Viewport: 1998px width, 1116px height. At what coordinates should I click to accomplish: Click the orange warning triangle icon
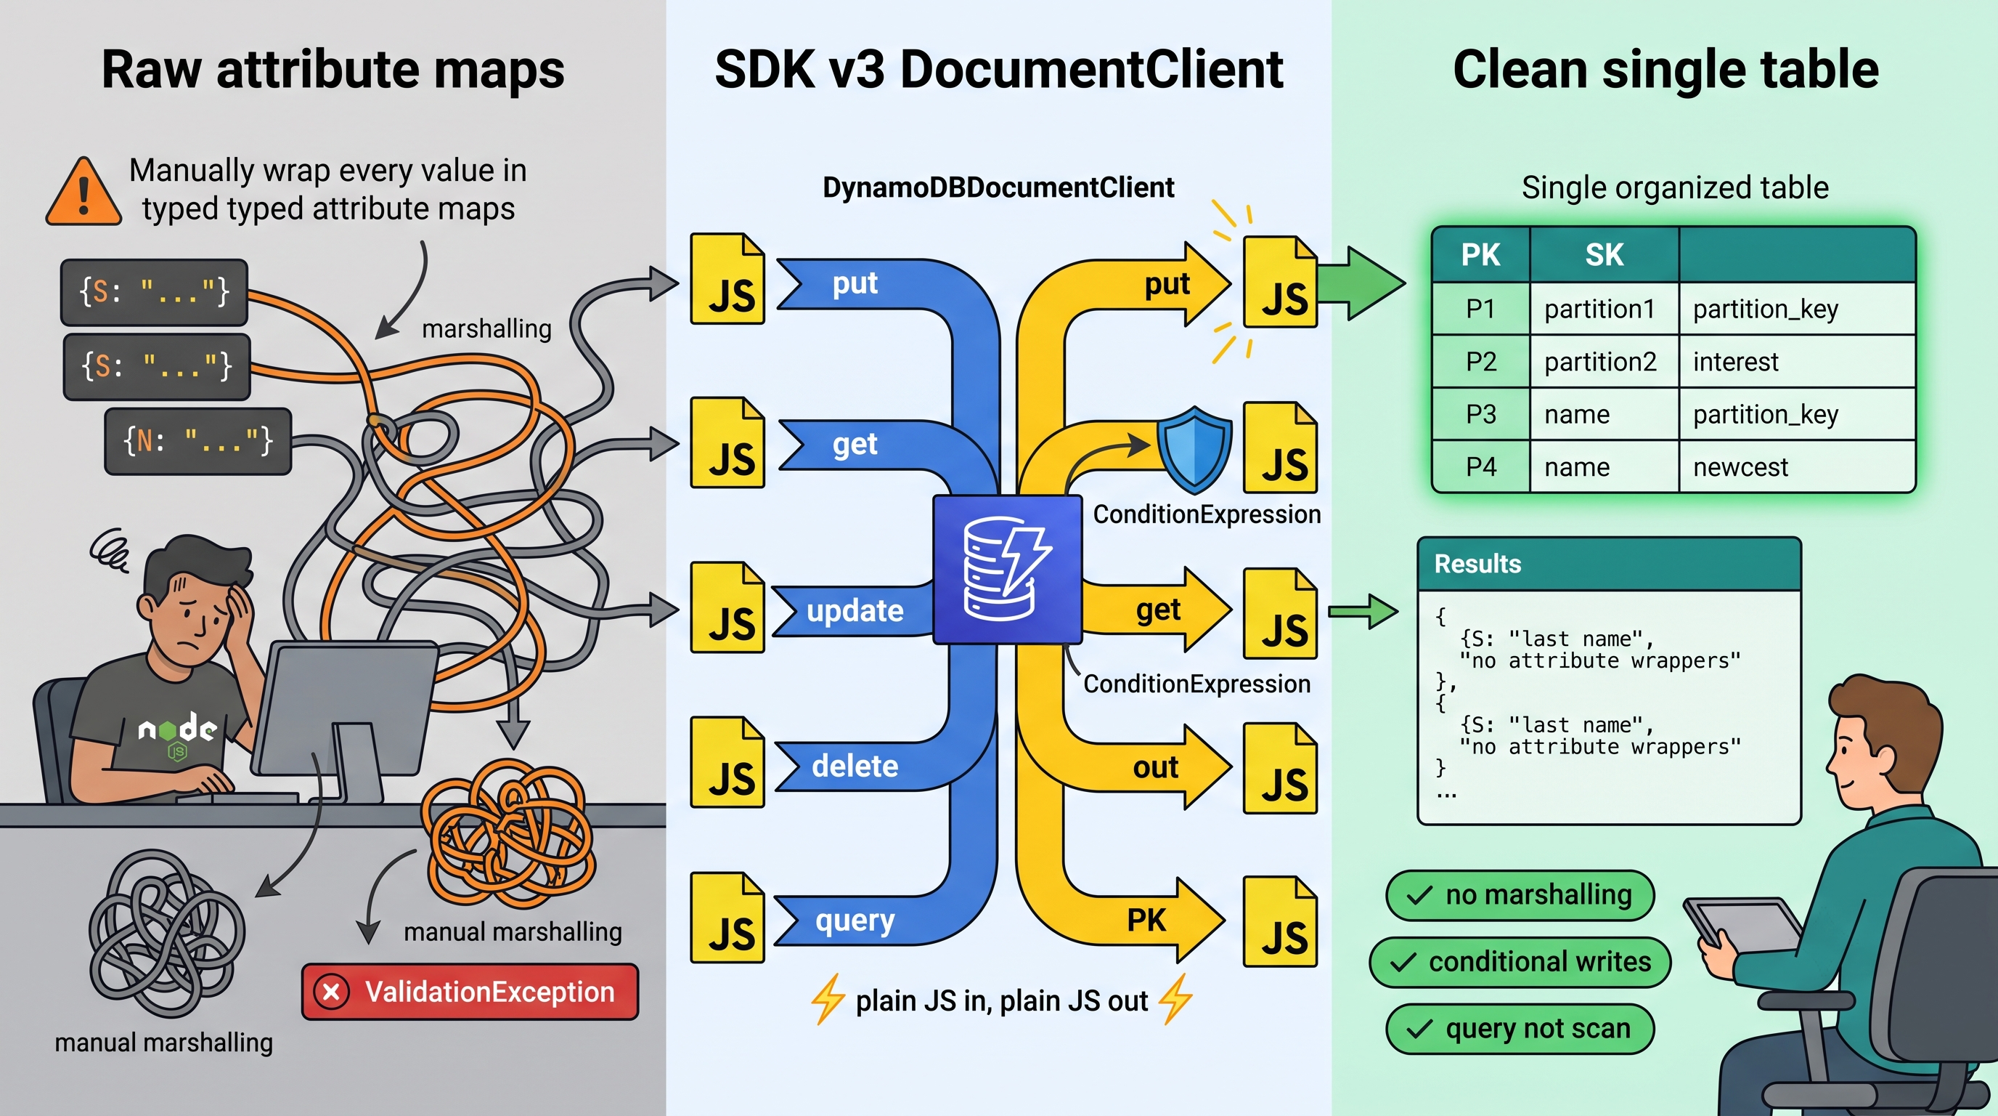point(83,193)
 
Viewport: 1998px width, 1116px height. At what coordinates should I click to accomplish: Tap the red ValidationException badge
point(470,991)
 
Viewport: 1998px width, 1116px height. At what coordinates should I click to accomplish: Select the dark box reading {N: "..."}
point(197,441)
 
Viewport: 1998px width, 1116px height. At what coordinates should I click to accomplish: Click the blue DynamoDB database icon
point(1007,570)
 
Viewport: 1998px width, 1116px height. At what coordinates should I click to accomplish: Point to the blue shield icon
point(1194,450)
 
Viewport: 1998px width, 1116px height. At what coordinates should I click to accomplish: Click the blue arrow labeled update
point(853,612)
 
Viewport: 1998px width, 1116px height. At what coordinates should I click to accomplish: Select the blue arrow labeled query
point(884,892)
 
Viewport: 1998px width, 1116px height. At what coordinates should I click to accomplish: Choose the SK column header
point(1604,254)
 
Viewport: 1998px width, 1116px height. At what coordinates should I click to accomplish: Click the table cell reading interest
point(1797,362)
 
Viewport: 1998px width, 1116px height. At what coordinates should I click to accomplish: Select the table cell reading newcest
point(1797,466)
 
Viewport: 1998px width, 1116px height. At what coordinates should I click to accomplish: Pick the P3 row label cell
point(1480,414)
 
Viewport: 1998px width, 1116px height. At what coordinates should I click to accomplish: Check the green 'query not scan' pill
point(1520,1029)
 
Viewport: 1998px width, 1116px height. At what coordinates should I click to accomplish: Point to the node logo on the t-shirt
point(177,733)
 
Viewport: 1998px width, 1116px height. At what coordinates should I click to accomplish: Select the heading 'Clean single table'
point(1665,70)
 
